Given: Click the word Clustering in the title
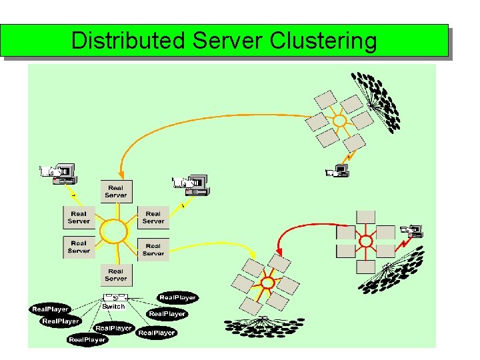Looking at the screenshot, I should point(323,41).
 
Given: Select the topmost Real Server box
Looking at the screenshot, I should point(115,191).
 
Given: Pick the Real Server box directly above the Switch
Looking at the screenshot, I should point(115,275).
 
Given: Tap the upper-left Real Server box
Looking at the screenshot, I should point(79,217).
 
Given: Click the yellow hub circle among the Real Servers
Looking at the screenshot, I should point(114,232).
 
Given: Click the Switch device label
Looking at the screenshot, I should point(114,306).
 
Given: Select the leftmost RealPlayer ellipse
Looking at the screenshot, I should point(50,309).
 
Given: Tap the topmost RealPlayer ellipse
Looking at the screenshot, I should point(177,297).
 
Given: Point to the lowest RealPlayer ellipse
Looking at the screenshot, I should point(87,339).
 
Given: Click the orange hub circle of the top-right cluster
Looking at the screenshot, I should point(339,121).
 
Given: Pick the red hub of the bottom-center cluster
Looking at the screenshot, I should point(267,283).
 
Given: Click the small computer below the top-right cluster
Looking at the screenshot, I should point(338,171).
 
